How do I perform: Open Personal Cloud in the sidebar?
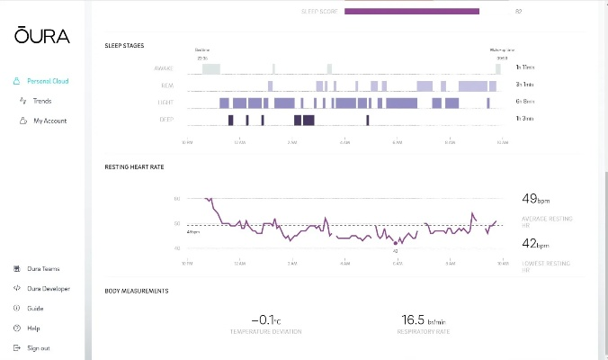click(x=48, y=81)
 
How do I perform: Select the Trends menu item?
click(x=42, y=101)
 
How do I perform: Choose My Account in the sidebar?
click(x=49, y=121)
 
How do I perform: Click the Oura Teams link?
click(x=43, y=269)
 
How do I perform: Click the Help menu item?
click(x=33, y=328)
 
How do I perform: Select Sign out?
click(x=38, y=348)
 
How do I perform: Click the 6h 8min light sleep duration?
click(x=524, y=103)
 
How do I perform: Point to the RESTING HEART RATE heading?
click(x=134, y=166)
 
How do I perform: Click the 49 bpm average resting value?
click(x=537, y=199)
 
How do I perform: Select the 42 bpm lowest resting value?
click(x=537, y=243)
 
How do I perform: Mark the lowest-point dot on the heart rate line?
click(x=396, y=242)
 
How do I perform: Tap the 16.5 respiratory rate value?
click(x=423, y=319)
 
